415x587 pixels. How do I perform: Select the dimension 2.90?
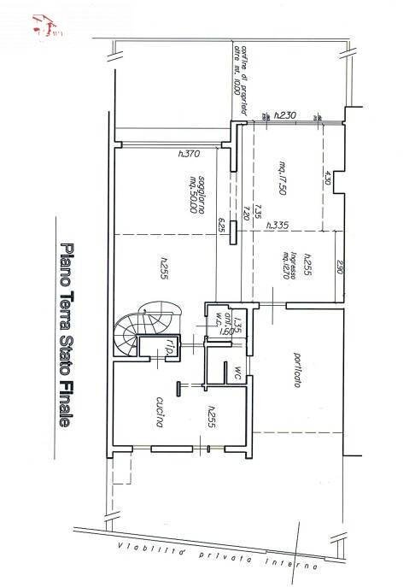(339, 267)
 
